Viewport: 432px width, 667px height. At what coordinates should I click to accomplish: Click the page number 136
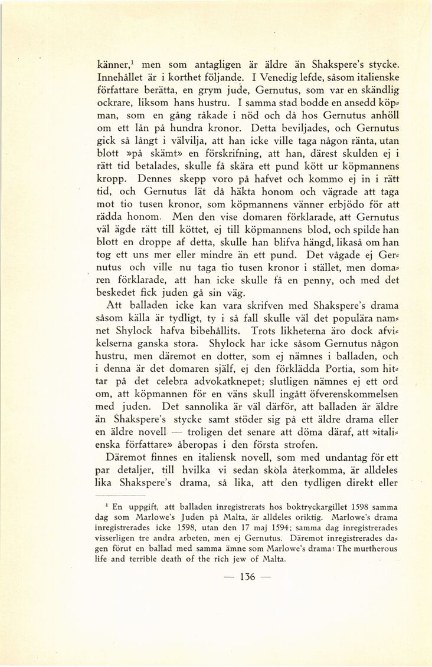coord(244,576)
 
